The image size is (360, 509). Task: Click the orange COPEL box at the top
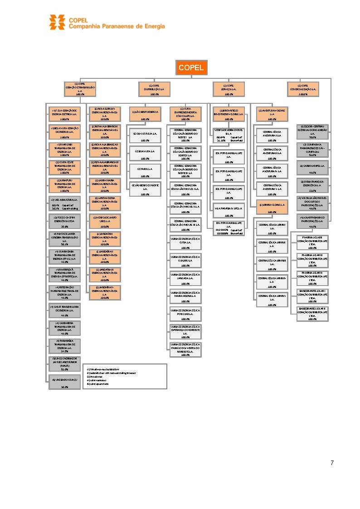click(191, 68)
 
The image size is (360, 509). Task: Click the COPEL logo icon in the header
click(58, 22)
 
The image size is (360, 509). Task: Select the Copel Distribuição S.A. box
click(154, 89)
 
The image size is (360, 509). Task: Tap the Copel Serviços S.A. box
click(229, 89)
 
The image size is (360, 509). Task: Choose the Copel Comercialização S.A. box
click(303, 89)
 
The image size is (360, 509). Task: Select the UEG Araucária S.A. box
click(64, 203)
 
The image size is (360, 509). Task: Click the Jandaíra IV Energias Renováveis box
click(105, 292)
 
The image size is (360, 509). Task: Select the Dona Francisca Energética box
click(312, 185)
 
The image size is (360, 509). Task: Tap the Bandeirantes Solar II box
click(312, 314)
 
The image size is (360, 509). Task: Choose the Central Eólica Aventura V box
click(272, 188)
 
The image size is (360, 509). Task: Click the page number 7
click(332, 463)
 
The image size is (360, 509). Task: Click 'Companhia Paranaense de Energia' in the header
click(117, 26)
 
